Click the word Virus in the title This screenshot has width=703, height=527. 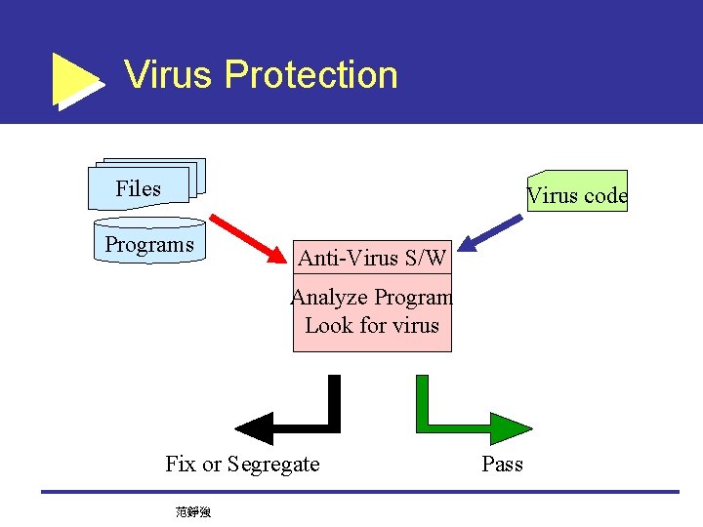[x=169, y=75]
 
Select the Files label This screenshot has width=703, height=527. [x=138, y=188]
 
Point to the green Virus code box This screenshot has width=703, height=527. [x=577, y=192]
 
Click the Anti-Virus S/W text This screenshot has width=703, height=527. [x=372, y=258]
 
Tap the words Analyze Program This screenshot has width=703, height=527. [x=372, y=297]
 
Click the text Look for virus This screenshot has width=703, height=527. [x=372, y=325]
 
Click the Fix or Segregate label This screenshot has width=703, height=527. [x=242, y=464]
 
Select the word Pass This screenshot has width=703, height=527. [x=502, y=464]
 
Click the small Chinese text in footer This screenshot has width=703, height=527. [x=193, y=510]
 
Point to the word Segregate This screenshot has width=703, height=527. [x=273, y=464]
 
